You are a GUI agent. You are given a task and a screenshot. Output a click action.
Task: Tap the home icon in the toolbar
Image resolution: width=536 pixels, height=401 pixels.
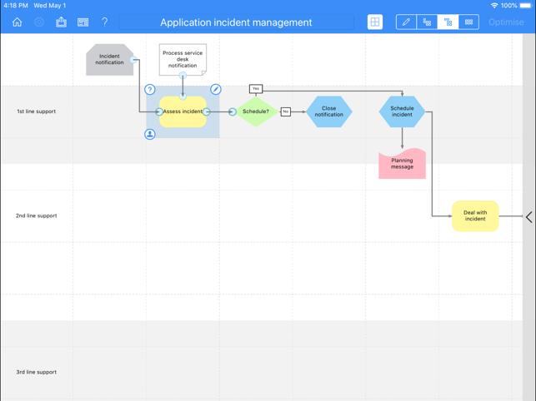pyautogui.click(x=18, y=22)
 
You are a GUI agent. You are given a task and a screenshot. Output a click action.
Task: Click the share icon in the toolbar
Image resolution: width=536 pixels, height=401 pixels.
pyautogui.click(x=61, y=22)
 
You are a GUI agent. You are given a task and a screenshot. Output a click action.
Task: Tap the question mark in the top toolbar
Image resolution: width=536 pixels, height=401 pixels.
pyautogui.click(x=104, y=22)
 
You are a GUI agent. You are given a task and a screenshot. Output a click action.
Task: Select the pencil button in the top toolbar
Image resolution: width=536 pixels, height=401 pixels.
pyautogui.click(x=406, y=22)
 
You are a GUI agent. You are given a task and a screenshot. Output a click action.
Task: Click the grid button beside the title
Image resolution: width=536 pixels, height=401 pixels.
pyautogui.click(x=375, y=22)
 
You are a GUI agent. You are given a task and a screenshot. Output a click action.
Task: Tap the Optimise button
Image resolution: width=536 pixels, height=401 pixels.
pyautogui.click(x=506, y=22)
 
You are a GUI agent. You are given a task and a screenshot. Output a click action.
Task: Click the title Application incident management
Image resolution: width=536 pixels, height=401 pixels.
pyautogui.click(x=236, y=22)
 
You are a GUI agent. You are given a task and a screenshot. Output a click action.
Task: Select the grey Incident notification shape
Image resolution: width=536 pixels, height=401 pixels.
pyautogui.click(x=110, y=59)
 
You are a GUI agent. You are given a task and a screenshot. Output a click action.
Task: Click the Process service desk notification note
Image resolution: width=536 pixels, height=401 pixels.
pyautogui.click(x=183, y=59)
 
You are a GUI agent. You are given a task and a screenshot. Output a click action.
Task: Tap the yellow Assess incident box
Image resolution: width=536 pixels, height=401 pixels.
pyautogui.click(x=183, y=111)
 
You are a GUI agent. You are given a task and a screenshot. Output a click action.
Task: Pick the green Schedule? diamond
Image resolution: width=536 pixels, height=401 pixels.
pyautogui.click(x=256, y=111)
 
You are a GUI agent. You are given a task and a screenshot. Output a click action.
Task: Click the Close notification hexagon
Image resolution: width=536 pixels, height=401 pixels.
pyautogui.click(x=328, y=111)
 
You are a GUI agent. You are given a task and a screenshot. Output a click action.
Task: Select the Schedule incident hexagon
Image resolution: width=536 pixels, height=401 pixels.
pyautogui.click(x=402, y=111)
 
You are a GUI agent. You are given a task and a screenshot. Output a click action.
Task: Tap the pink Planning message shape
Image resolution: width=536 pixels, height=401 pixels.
pyautogui.click(x=402, y=163)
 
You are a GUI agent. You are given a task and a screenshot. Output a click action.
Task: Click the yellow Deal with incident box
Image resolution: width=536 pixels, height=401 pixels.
pyautogui.click(x=475, y=216)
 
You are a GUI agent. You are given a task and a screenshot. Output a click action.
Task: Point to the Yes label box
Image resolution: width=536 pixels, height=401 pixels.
pyautogui.click(x=256, y=89)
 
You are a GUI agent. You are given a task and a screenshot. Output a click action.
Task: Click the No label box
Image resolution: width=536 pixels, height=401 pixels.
pyautogui.click(x=286, y=111)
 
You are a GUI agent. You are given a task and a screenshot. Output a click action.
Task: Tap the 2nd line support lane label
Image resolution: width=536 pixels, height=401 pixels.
pyautogui.click(x=36, y=215)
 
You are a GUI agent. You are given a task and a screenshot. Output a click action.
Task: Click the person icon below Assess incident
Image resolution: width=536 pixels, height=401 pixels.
pyautogui.click(x=150, y=134)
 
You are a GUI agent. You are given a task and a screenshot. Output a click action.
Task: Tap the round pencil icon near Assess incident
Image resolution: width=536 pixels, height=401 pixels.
pyautogui.click(x=216, y=89)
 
